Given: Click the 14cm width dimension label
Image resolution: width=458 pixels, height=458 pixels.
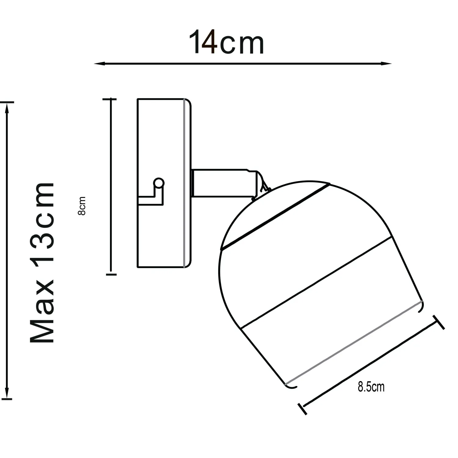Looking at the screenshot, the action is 226,42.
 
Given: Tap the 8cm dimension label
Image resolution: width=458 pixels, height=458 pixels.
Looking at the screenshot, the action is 82,206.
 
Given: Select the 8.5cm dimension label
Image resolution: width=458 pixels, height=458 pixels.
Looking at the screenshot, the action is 371,387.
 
